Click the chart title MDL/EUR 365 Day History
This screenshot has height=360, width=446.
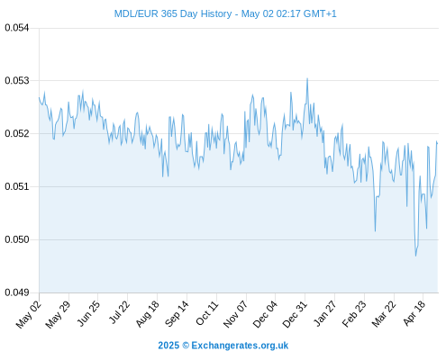pos(173,13)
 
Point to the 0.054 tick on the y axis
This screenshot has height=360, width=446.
pos(17,28)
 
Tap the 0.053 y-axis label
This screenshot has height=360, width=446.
pos(17,81)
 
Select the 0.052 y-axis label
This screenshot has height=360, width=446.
pos(17,133)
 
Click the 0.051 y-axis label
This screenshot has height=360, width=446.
pos(17,186)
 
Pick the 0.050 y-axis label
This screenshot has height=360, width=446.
pos(17,239)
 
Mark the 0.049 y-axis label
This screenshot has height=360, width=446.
pos(17,292)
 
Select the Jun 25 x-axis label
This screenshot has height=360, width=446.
pos(88,313)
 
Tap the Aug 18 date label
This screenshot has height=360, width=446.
pos(147,314)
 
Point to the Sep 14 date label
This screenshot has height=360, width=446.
pos(177,314)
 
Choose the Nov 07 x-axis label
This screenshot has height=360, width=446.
pos(235,314)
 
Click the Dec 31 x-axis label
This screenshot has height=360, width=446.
pos(295,314)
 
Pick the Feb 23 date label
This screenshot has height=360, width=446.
pos(354,314)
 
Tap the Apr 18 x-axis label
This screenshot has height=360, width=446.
pos(414,313)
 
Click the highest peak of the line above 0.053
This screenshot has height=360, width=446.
pos(307,78)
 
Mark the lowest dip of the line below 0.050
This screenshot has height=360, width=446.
pos(416,256)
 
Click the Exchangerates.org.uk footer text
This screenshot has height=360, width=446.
pos(240,346)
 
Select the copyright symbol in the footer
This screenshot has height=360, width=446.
pos(186,346)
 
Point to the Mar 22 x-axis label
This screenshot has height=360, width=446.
pos(384,314)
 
